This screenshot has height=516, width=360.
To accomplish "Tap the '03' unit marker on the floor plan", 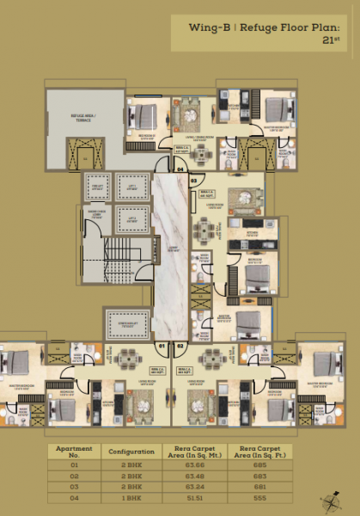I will point(194,181).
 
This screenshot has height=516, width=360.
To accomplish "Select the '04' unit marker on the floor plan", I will point(180,169).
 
